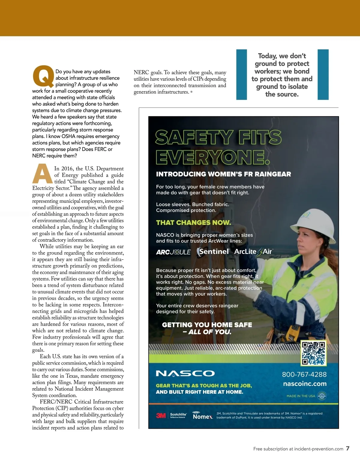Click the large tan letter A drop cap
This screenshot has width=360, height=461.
(x=43, y=174)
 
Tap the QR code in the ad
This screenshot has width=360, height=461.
(x=313, y=353)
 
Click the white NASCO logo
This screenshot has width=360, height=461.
(x=185, y=373)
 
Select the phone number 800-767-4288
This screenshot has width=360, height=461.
(x=304, y=374)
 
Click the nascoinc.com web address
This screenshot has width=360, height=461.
(x=305, y=384)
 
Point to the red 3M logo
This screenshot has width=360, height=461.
(x=161, y=415)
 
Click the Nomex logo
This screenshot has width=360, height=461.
(x=203, y=416)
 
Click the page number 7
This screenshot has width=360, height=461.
(x=348, y=448)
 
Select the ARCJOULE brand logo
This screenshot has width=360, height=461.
(x=173, y=252)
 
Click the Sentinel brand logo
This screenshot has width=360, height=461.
(x=213, y=252)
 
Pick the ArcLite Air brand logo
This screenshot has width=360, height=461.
(x=253, y=252)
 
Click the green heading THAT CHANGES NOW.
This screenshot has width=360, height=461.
(x=193, y=222)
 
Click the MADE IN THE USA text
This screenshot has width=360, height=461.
(x=301, y=396)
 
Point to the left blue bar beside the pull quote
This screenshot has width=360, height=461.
(x=241, y=74)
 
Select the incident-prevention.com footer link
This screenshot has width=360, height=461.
(x=319, y=449)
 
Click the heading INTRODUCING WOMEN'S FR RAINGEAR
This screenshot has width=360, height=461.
(x=223, y=174)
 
